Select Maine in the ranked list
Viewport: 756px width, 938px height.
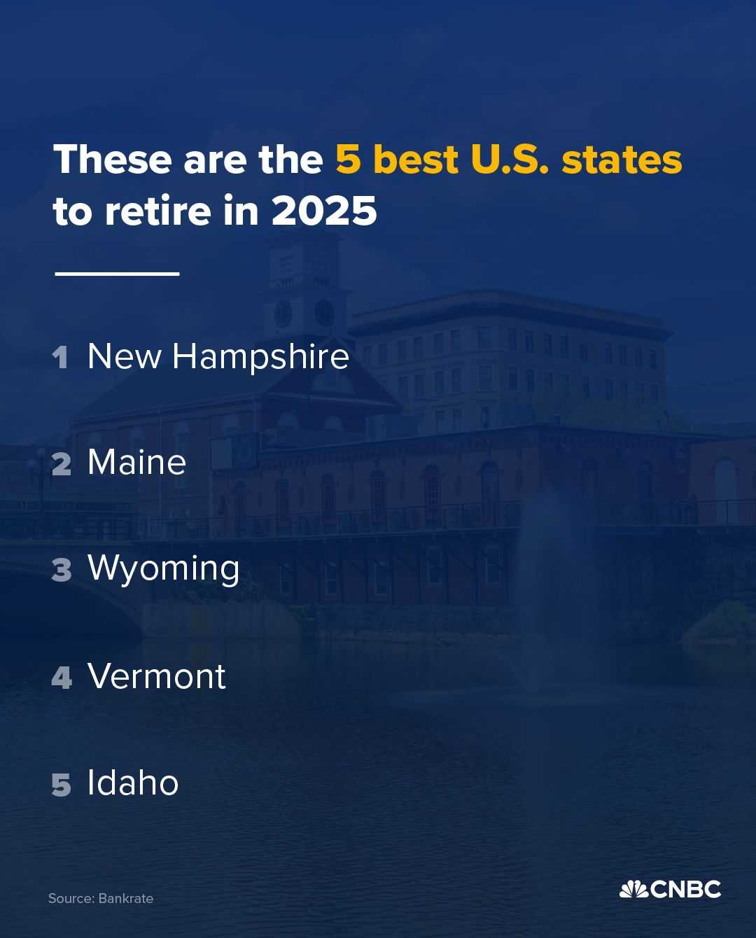click(x=137, y=463)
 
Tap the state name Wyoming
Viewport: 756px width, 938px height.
click(x=164, y=570)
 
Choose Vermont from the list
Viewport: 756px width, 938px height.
click(x=157, y=676)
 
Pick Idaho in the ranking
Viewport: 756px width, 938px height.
click(x=133, y=783)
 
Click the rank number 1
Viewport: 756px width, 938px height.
click(x=60, y=358)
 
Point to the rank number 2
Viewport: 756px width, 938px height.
click(x=61, y=464)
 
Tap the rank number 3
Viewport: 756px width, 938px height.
click(x=61, y=570)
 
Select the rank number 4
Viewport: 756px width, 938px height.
click(x=62, y=678)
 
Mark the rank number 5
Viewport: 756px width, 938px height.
click(x=61, y=785)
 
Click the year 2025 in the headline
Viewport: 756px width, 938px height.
click(x=324, y=211)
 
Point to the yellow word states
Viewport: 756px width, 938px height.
click(x=622, y=160)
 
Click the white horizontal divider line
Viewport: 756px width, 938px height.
click(x=118, y=274)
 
